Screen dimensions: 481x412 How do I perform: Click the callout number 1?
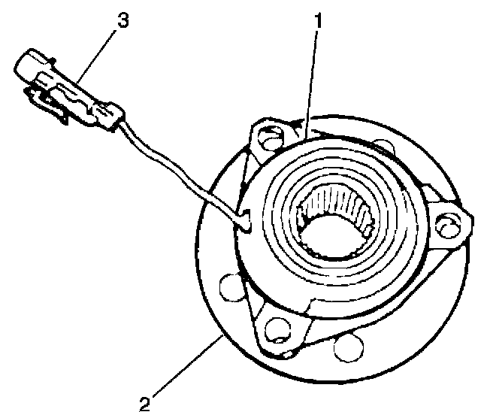click(x=319, y=21)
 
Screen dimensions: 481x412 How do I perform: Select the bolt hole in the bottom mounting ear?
click(x=276, y=327)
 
